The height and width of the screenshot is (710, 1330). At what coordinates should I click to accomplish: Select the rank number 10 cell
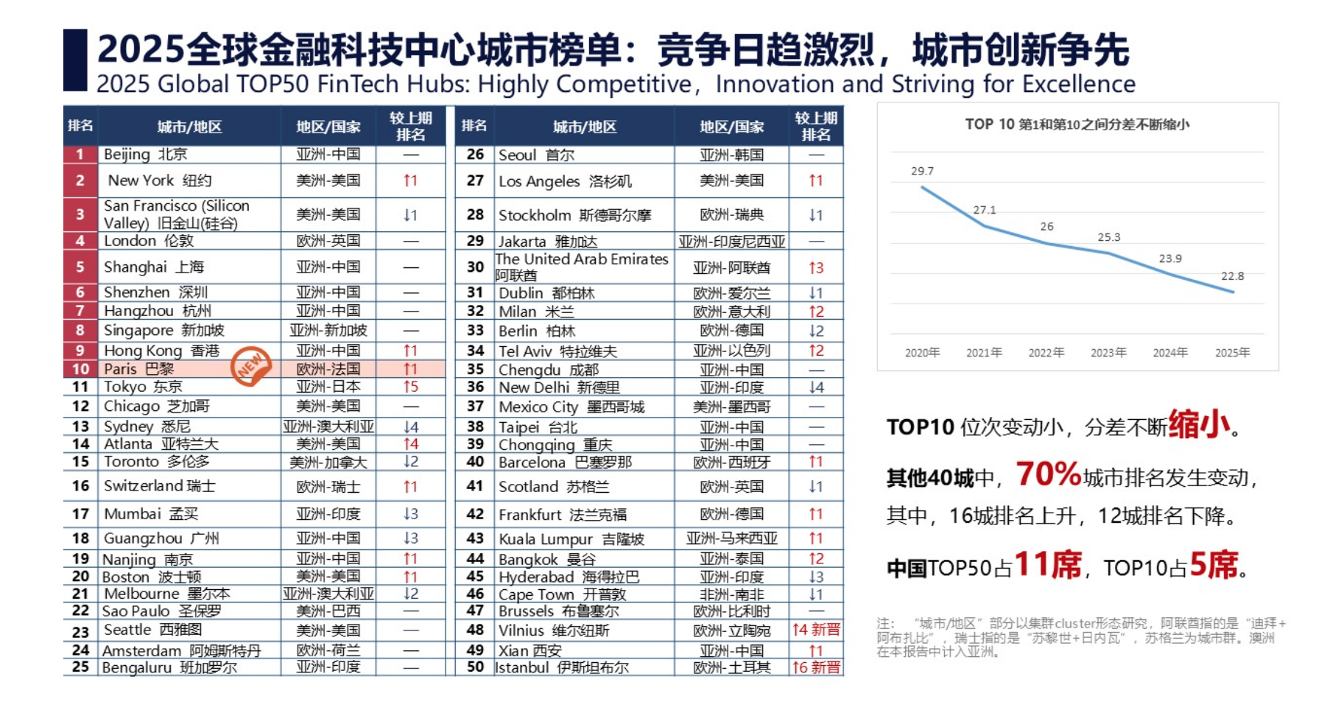pos(80,369)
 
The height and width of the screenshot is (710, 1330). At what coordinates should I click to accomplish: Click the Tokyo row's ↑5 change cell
pos(410,387)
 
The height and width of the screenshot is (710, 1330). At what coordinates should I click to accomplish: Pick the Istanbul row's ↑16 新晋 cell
pos(815,667)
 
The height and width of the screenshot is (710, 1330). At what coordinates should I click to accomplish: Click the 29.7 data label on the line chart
pos(921,171)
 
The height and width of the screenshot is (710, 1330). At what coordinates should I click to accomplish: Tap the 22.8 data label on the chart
pos(1232,276)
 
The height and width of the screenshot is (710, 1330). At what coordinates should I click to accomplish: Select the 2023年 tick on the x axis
pos(1108,353)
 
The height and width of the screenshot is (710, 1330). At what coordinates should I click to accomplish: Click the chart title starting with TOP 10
pos(1077,124)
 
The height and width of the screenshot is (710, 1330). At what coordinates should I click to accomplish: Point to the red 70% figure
pos(1048,474)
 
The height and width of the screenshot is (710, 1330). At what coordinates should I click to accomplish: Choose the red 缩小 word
pos(1199,424)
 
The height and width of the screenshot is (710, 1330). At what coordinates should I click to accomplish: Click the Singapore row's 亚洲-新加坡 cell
pos(328,331)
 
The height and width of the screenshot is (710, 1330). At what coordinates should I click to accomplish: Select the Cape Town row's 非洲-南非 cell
pos(731,594)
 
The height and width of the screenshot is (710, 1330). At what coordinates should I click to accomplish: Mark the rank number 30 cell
pos(475,267)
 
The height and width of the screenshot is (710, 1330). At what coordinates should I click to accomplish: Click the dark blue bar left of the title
pos(75,60)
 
